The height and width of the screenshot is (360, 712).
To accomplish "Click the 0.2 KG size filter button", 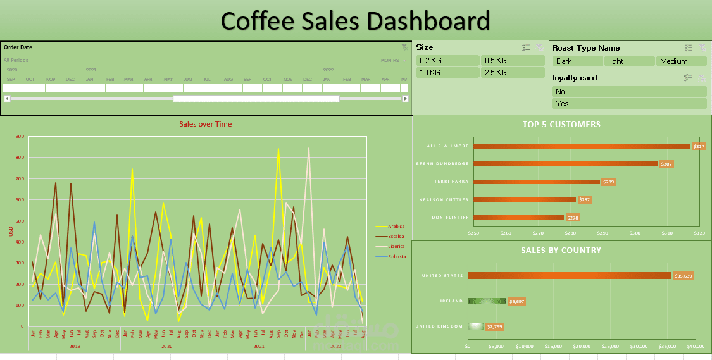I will pyautogui.click(x=447, y=61).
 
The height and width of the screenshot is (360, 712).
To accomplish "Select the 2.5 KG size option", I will pyautogui.click(x=513, y=73).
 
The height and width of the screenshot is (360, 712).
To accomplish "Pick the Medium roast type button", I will pyautogui.click(x=682, y=61).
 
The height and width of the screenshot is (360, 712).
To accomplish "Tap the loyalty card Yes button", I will pyautogui.click(x=628, y=104).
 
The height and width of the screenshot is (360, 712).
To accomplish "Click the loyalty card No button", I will pyautogui.click(x=628, y=92).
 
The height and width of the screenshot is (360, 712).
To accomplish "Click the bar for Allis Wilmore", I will pyautogui.click(x=581, y=146).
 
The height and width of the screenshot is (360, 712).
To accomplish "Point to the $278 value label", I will pyautogui.click(x=572, y=218).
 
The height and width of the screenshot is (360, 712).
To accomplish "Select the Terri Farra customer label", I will pyautogui.click(x=451, y=182).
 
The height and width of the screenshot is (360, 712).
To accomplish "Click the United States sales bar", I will pyautogui.click(x=569, y=275).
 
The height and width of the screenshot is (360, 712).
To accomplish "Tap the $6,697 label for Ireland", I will pyautogui.click(x=517, y=301).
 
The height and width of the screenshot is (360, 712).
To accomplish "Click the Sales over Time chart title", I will pyautogui.click(x=206, y=124).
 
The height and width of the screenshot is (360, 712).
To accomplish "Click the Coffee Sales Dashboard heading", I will pyautogui.click(x=355, y=21).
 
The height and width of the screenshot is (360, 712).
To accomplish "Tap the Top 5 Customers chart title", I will pyautogui.click(x=561, y=125).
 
